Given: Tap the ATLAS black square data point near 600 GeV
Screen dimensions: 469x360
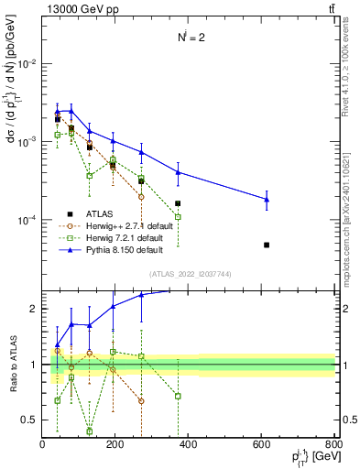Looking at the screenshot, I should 267,245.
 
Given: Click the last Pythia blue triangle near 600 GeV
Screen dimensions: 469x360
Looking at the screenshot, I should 267,199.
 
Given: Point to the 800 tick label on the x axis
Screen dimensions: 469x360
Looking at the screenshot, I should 333,443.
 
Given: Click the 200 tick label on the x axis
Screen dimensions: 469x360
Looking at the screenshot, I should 115,443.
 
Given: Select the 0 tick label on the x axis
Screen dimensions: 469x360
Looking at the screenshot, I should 43,443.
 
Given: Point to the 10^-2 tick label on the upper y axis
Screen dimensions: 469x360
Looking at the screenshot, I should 28,63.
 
